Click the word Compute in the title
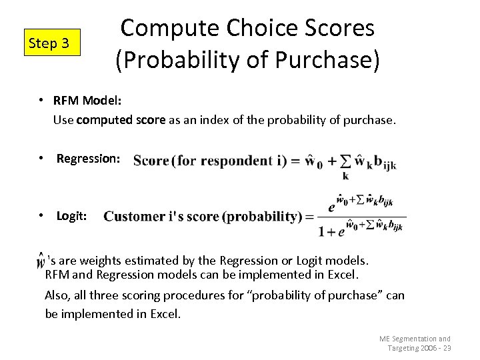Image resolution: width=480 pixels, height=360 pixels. (x=170, y=29)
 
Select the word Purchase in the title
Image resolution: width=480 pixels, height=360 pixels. (x=324, y=60)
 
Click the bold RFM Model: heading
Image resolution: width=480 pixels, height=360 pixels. (x=87, y=100)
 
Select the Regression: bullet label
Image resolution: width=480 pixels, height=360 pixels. (x=88, y=159)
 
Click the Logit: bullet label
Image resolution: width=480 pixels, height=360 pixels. (x=71, y=216)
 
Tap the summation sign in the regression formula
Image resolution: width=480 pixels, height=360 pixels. (x=345, y=161)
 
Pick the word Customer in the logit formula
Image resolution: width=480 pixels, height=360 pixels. (x=134, y=217)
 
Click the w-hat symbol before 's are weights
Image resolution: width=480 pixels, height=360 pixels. (x=42, y=261)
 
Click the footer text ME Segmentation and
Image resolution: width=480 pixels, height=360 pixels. (x=415, y=339)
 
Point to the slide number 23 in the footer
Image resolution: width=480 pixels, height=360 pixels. (x=447, y=348)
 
